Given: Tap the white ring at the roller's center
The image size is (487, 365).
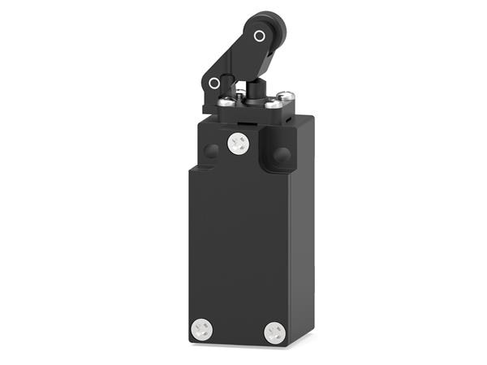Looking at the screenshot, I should click(x=259, y=36).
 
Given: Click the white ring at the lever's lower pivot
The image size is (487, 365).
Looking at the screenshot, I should click(x=214, y=83).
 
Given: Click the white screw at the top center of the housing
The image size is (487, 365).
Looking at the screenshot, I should click(x=238, y=144).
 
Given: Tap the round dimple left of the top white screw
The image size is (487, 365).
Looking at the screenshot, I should click(x=211, y=151).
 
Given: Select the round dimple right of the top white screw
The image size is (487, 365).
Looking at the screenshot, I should click(x=281, y=154).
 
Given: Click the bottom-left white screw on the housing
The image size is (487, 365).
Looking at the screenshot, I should click(x=201, y=328).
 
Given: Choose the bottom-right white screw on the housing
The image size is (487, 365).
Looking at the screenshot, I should click(x=275, y=332).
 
